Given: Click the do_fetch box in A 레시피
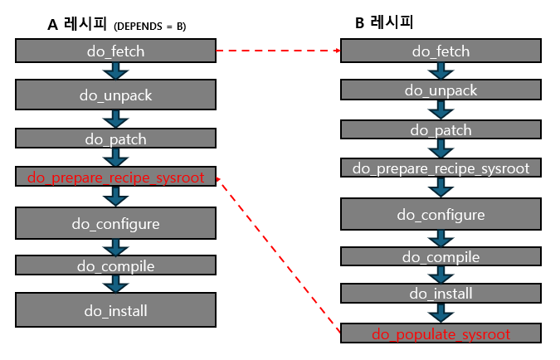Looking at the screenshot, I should (115, 51).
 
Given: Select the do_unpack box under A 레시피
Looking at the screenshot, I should (115, 95).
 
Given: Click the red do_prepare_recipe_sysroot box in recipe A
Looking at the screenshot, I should (115, 177).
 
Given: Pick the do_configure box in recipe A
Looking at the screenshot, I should (115, 223).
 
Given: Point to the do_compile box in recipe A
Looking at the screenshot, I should (115, 265).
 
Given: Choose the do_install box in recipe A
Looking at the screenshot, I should (115, 311).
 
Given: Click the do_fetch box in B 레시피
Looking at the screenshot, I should (441, 51).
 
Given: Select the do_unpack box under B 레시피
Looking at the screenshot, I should (441, 90).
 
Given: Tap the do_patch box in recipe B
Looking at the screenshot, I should (441, 129).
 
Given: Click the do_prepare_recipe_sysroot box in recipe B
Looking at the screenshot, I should (441, 168).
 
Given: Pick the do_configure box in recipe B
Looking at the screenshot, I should (441, 215).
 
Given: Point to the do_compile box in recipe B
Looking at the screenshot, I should (441, 257).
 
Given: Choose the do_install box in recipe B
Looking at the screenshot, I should (441, 293).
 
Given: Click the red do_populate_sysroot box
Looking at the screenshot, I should (441, 334).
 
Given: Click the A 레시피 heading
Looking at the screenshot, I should (75, 25).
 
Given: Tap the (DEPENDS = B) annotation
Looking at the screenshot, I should (149, 27).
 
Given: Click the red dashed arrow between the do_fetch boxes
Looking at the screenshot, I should (278, 51).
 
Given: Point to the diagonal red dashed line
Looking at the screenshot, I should (278, 254).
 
